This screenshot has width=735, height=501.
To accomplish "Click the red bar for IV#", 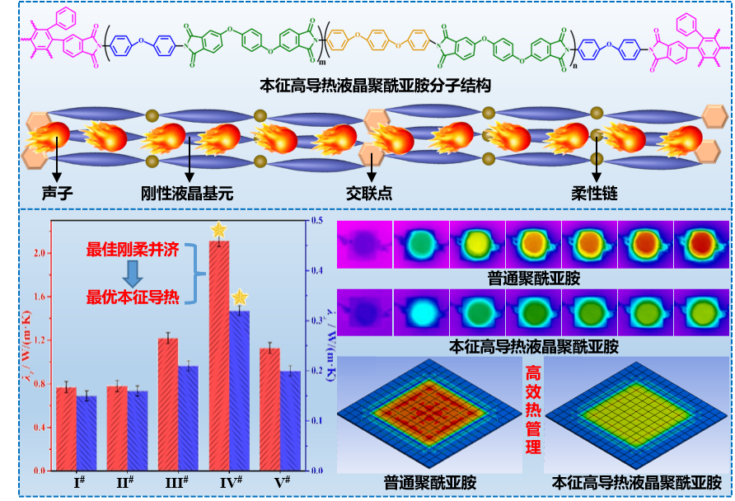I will pyautogui.click(x=219, y=354).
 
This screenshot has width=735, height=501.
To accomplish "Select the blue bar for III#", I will pyautogui.click(x=189, y=417).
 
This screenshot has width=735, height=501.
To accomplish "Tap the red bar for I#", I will pyautogui.click(x=66, y=428).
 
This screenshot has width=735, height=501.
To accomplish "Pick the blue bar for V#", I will pyautogui.click(x=291, y=419).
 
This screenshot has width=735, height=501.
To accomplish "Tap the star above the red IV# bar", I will pyautogui.click(x=218, y=230).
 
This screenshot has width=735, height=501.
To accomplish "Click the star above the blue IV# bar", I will pyautogui.click(x=239, y=297).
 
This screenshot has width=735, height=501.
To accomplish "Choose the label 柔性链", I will pyautogui.click(x=594, y=194).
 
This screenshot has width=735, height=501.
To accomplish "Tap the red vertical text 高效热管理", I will pyautogui.click(x=533, y=410).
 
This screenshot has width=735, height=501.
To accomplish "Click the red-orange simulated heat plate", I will pyautogui.click(x=429, y=409).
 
